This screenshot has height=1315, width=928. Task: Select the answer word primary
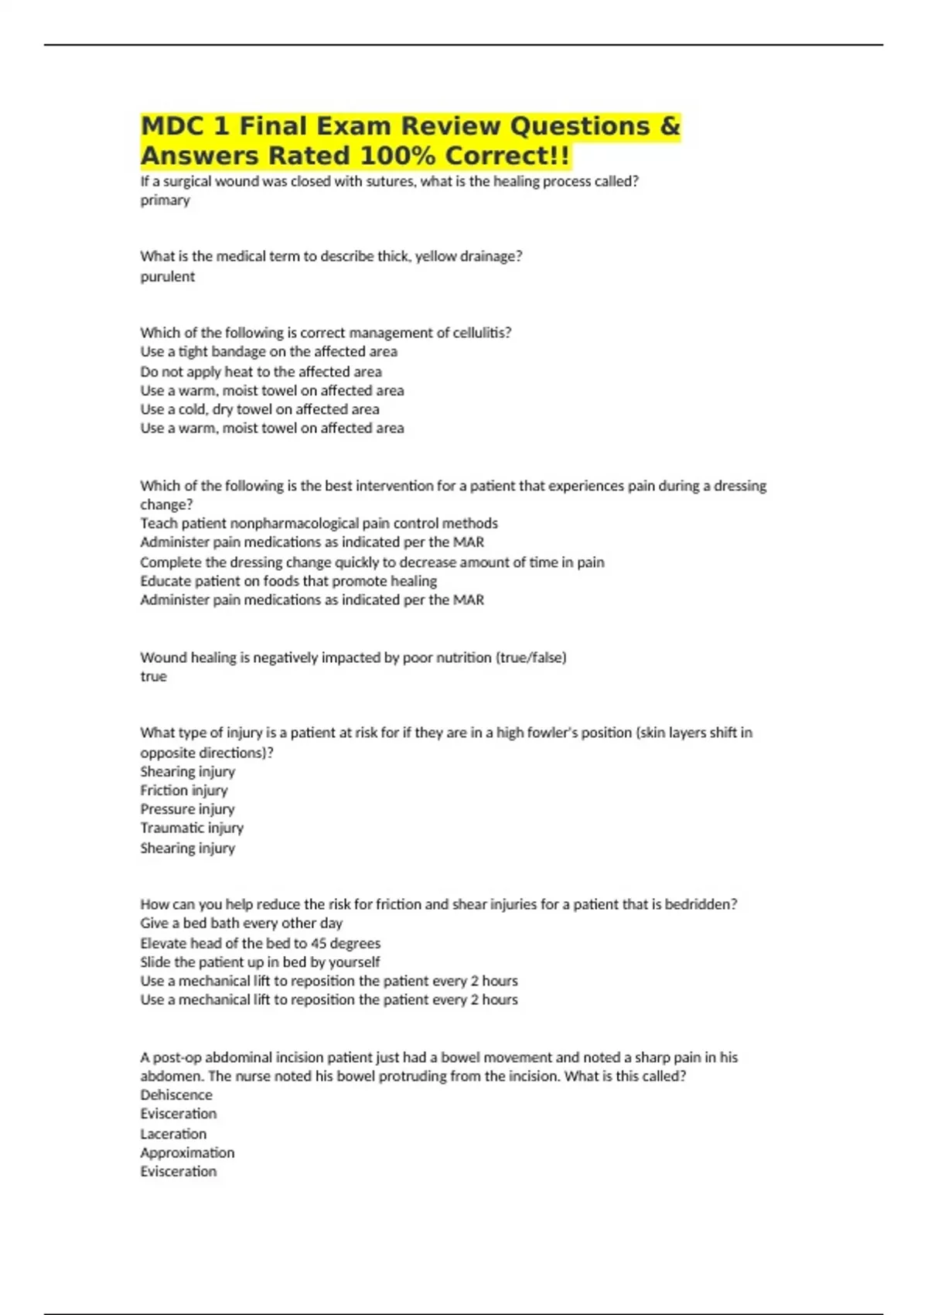click(x=165, y=200)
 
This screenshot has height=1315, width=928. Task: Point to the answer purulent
click(x=167, y=277)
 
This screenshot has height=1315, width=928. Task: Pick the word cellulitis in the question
click(x=479, y=333)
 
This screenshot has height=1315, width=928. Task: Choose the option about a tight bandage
click(x=268, y=352)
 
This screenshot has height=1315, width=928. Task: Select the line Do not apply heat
click(x=261, y=372)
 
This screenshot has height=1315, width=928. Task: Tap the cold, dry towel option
click(x=259, y=409)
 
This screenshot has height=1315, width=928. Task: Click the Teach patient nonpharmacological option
click(x=319, y=524)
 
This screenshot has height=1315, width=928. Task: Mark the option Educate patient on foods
click(x=288, y=581)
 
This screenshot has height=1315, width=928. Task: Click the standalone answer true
click(x=153, y=677)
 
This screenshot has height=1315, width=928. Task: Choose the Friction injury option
click(x=183, y=791)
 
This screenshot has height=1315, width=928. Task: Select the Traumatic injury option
click(x=191, y=828)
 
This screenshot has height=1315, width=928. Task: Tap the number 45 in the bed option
click(x=318, y=944)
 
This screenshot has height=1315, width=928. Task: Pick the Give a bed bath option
click(x=241, y=924)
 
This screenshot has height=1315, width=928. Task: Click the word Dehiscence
click(x=176, y=1095)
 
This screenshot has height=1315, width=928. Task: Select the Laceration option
click(x=173, y=1134)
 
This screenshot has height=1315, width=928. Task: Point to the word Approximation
click(x=187, y=1153)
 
